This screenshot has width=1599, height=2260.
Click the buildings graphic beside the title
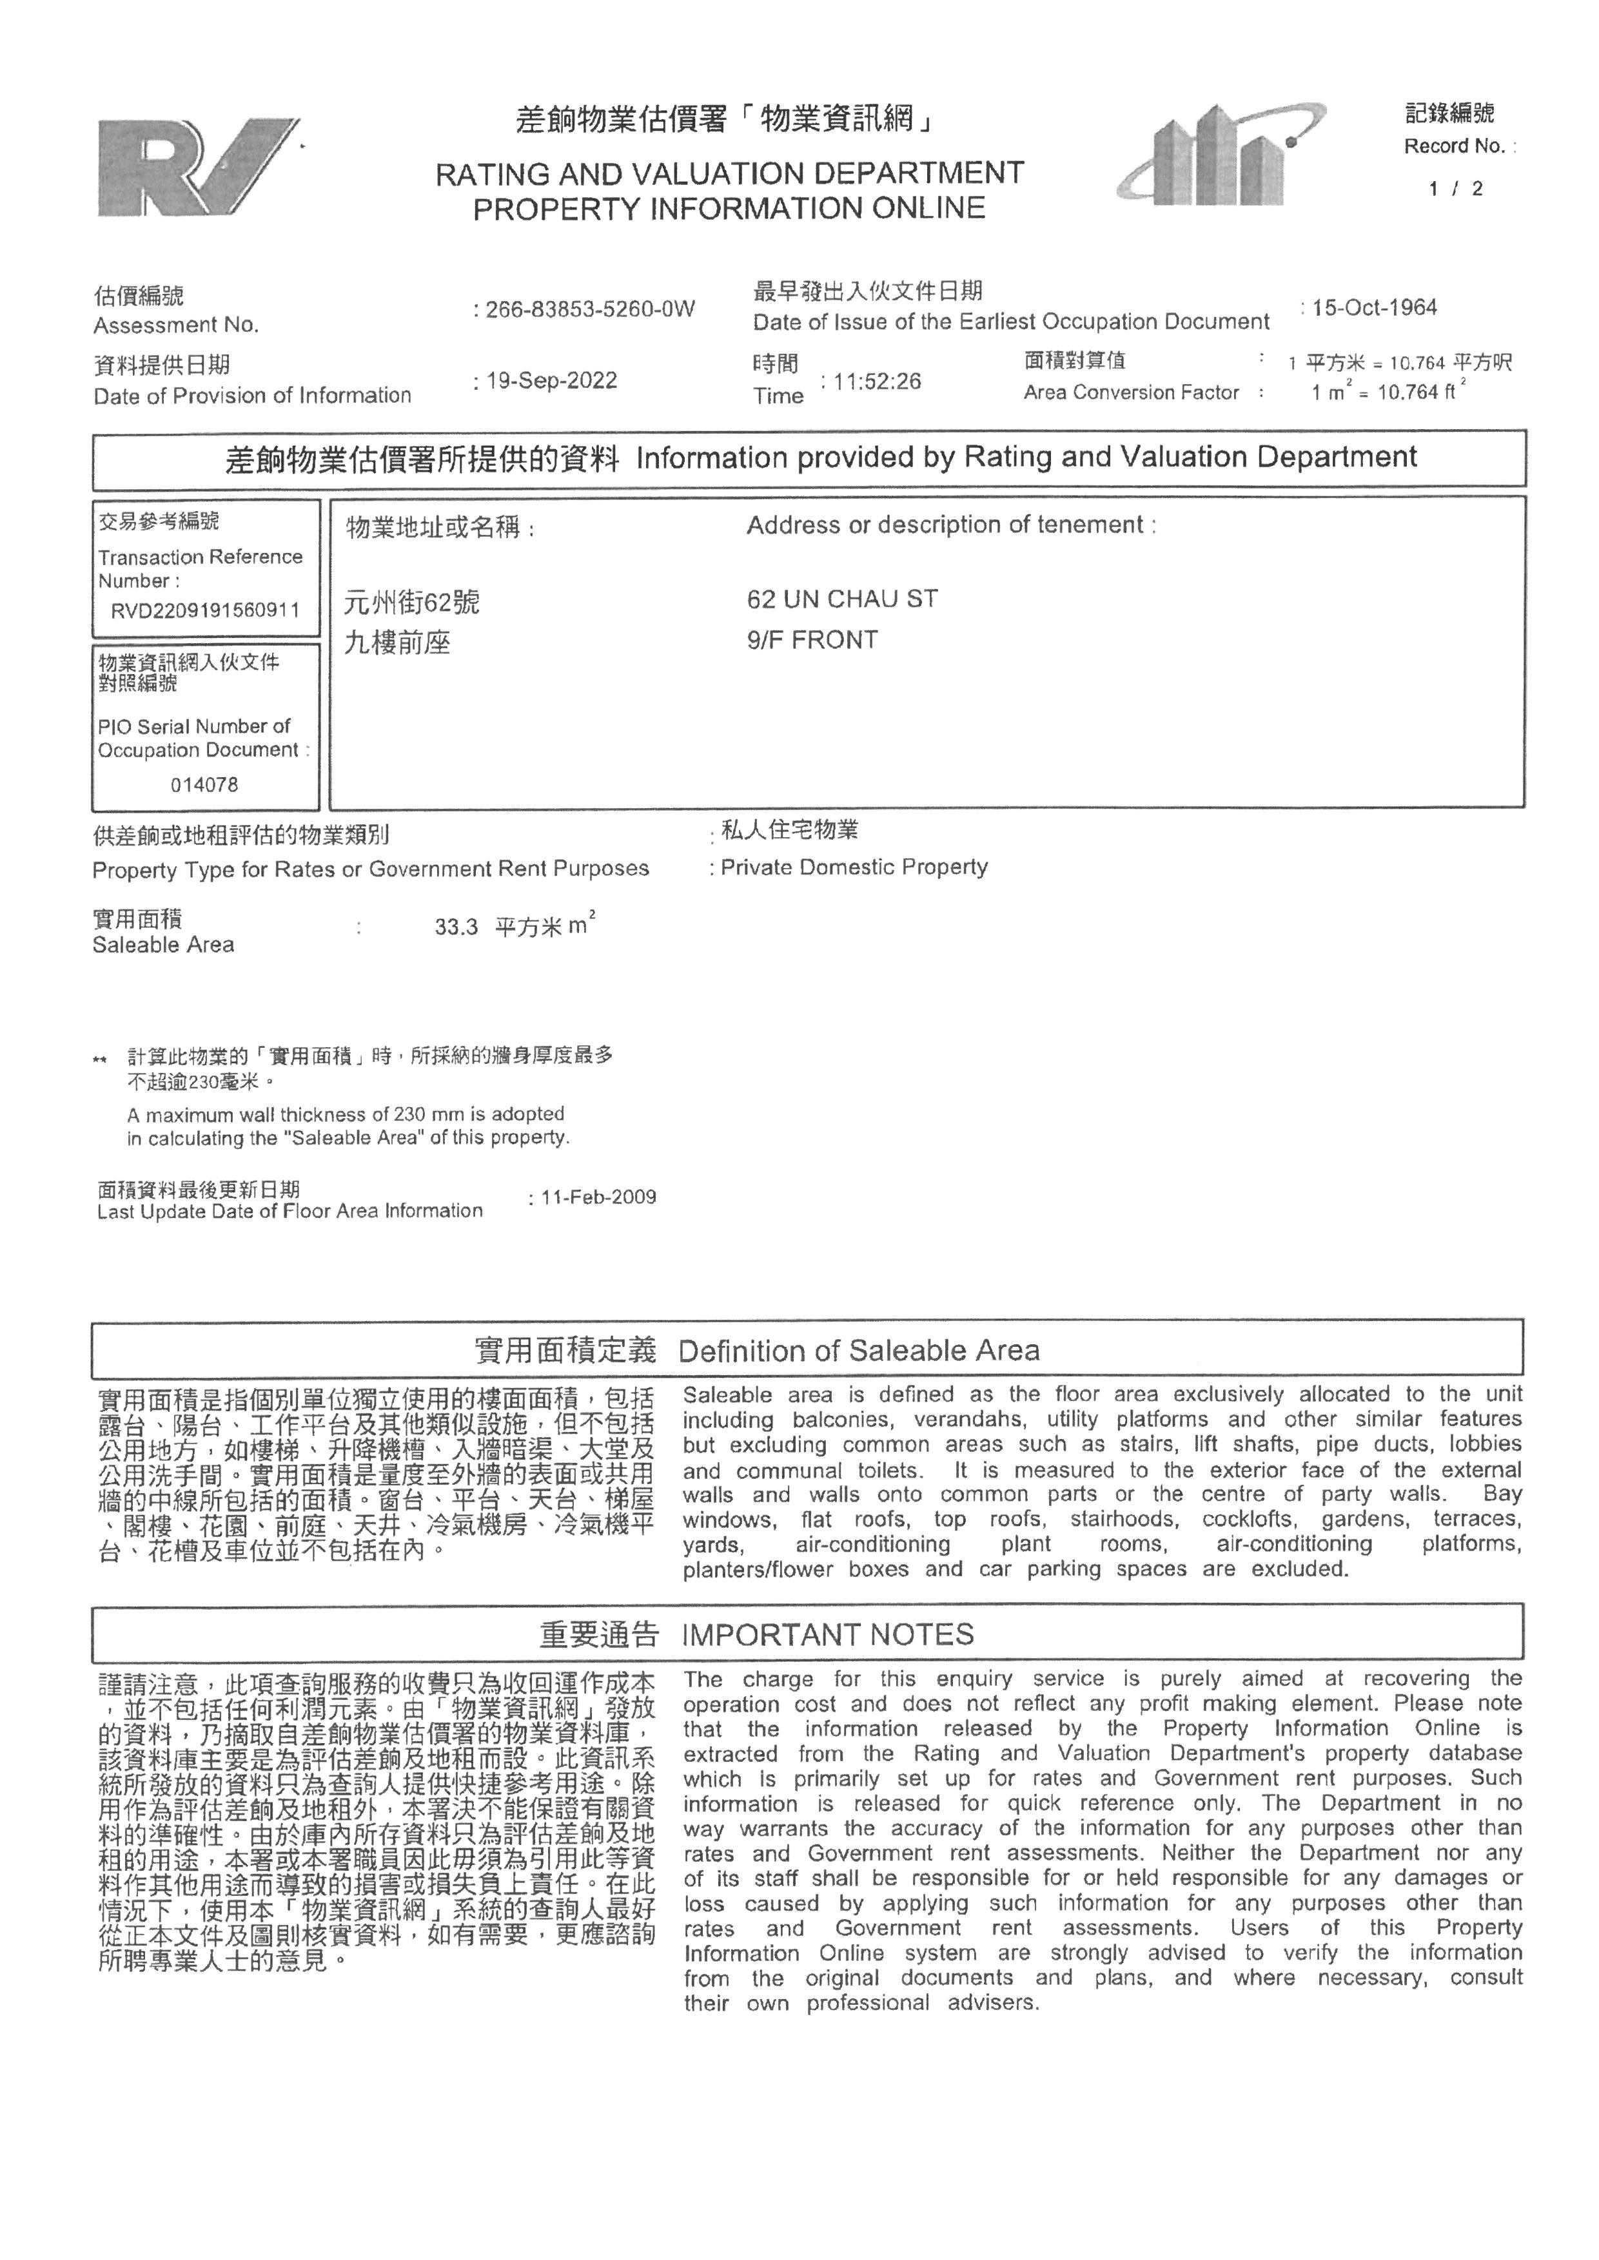click(1221, 155)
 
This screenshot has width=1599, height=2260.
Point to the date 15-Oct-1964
click(1373, 307)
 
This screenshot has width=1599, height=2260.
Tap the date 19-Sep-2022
click(551, 381)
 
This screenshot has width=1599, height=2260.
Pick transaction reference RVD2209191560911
click(205, 610)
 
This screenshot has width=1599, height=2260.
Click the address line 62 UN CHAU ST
click(842, 599)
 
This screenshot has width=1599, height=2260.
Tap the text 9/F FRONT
click(811, 640)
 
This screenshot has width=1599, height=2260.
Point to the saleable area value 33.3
click(456, 927)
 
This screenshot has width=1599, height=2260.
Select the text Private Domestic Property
click(854, 867)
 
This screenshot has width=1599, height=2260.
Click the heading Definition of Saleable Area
click(859, 1351)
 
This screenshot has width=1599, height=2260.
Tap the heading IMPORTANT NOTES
click(827, 1635)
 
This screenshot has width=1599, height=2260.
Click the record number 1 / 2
click(1455, 189)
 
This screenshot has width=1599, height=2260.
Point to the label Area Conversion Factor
click(1130, 392)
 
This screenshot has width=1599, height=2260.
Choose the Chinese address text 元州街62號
click(411, 601)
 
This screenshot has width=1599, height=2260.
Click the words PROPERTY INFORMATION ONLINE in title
click(729, 209)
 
